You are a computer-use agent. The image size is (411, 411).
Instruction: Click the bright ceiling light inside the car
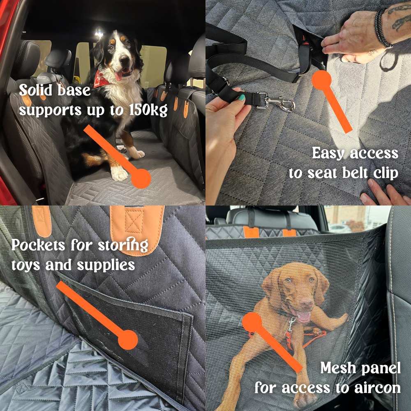[x=98, y=32]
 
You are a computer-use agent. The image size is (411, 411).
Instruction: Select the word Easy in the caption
[x=329, y=153]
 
